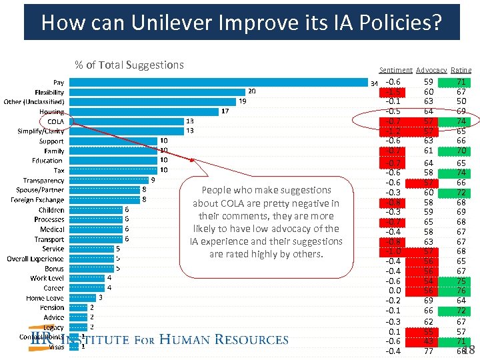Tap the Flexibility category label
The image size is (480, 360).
click(49, 93)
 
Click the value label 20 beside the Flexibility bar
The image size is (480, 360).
click(251, 91)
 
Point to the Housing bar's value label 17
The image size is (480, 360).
click(225, 111)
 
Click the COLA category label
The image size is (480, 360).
click(55, 122)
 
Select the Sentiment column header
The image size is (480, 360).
click(395, 70)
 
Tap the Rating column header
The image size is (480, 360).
click(461, 70)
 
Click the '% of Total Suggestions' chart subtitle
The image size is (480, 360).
click(129, 65)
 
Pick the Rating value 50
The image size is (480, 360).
click(461, 101)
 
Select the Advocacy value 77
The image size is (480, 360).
click(429, 351)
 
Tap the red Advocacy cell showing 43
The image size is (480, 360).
click(429, 341)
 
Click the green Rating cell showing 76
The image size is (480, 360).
click(461, 291)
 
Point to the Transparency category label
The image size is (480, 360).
click(43, 181)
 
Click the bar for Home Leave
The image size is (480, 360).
click(83, 297)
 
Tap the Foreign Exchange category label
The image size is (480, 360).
click(37, 200)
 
